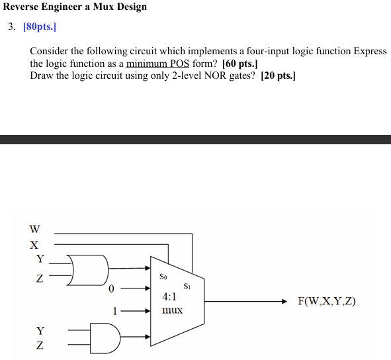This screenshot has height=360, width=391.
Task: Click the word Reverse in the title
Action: tap(22, 7)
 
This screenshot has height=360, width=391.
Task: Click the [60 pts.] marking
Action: tap(240, 64)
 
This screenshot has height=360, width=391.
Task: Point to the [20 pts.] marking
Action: tap(279, 75)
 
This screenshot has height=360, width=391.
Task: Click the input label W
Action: tap(34, 230)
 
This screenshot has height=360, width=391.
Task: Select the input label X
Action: tap(34, 244)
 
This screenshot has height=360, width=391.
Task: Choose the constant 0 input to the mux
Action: tap(111, 289)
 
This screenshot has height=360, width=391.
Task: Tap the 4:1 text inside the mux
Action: tap(169, 298)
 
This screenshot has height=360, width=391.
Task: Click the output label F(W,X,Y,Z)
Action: tap(327, 301)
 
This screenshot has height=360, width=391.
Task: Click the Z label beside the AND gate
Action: tap(40, 345)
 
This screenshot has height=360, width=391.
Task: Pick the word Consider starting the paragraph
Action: tap(50, 52)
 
